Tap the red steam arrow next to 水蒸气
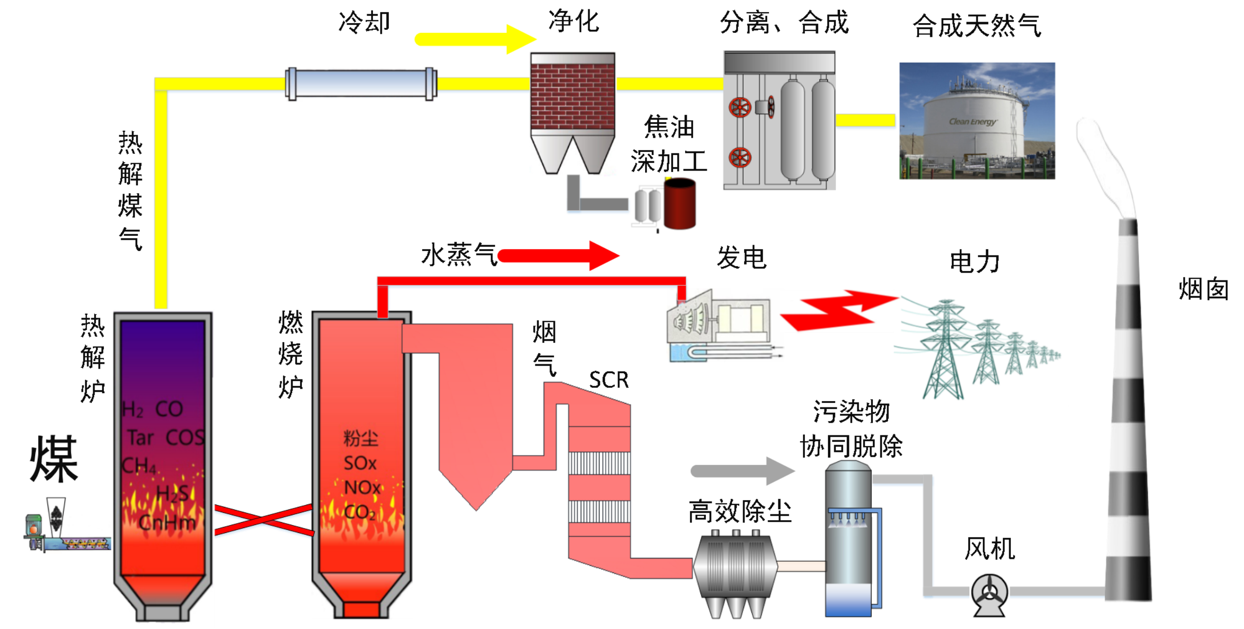[x=559, y=255]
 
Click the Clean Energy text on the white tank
[x=972, y=122]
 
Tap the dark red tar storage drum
[x=680, y=203]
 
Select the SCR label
[x=609, y=380]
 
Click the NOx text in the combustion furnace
[x=362, y=488]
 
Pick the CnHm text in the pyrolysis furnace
[x=167, y=523]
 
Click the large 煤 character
[x=54, y=459]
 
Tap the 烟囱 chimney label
[x=1203, y=289]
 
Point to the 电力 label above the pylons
[x=974, y=262]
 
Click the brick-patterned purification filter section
[x=572, y=96]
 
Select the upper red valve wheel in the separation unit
[x=740, y=107]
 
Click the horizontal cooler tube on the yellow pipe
[x=361, y=84]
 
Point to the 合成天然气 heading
[x=976, y=25]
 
